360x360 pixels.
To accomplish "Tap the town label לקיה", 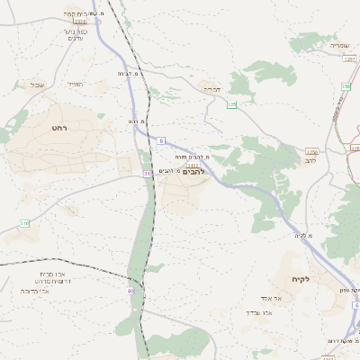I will tap(300, 280).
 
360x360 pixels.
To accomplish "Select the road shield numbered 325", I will tap(232, 104).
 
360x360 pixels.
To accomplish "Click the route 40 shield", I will tap(130, 291).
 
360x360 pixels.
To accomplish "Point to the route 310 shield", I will tap(24, 222).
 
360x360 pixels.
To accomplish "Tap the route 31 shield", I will tap(146, 174).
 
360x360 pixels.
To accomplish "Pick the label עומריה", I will tap(337, 45).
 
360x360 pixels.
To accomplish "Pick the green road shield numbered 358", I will tap(345, 86).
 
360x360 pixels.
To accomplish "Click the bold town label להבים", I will tap(193, 171).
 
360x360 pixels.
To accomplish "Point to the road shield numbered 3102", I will tap(192, 165).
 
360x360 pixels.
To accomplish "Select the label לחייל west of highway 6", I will tap(76, 85).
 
